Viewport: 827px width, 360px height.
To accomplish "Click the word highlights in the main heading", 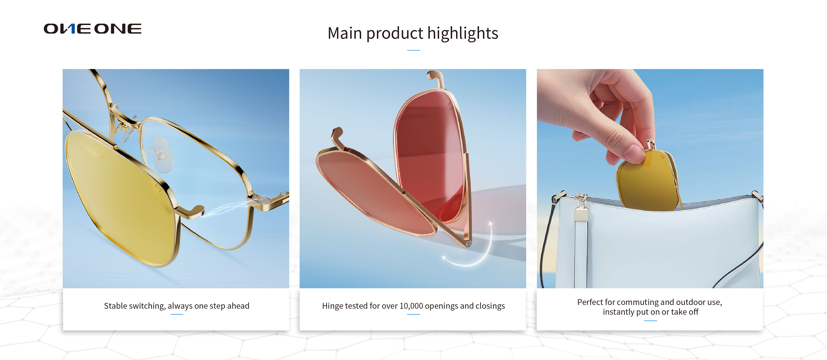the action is pyautogui.click(x=463, y=33).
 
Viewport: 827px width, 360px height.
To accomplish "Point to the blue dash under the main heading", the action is pyautogui.click(x=413, y=50).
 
